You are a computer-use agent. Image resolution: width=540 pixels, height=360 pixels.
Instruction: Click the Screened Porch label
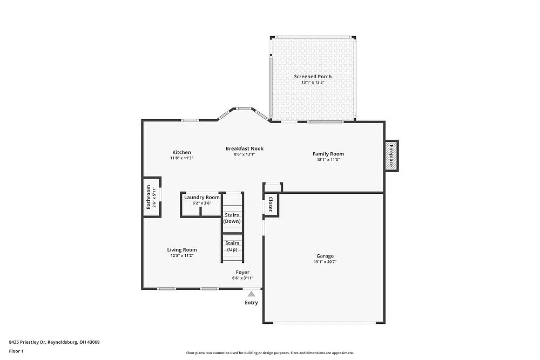pyautogui.click(x=313, y=77)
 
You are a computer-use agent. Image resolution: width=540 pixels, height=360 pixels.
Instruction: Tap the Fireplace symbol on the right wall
pyautogui.click(x=391, y=156)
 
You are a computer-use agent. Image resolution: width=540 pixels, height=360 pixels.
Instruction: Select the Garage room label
pyautogui.click(x=325, y=256)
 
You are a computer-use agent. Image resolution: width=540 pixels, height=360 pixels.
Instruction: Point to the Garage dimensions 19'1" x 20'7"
pyautogui.click(x=325, y=262)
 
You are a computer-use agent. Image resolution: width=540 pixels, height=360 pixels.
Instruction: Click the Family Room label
pyautogui.click(x=328, y=154)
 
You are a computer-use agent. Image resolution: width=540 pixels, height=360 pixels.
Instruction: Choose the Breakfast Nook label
pyautogui.click(x=244, y=148)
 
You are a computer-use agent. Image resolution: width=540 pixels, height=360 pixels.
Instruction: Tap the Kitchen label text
pyautogui.click(x=181, y=152)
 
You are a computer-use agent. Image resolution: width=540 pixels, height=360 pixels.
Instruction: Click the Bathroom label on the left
pyautogui.click(x=148, y=197)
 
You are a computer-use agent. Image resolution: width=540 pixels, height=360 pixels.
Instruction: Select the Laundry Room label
pyautogui.click(x=201, y=198)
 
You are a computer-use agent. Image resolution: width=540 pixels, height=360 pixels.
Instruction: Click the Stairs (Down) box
pyautogui.click(x=232, y=219)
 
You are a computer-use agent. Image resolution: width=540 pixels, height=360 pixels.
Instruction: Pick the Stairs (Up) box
pyautogui.click(x=232, y=247)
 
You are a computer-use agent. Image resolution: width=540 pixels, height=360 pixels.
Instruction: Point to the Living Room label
pyautogui.click(x=181, y=250)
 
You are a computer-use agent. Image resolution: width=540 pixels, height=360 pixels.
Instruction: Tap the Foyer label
pyautogui.click(x=242, y=273)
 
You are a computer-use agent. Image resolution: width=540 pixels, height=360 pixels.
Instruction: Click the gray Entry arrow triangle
pyautogui.click(x=251, y=294)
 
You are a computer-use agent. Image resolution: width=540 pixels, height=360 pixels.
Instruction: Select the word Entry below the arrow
pyautogui.click(x=251, y=303)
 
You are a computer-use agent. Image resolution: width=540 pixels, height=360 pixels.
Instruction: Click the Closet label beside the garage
pyautogui.click(x=271, y=204)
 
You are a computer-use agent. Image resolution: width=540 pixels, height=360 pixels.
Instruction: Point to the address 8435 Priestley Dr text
pyautogui.click(x=54, y=342)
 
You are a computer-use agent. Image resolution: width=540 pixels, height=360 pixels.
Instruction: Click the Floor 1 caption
pyautogui.click(x=16, y=351)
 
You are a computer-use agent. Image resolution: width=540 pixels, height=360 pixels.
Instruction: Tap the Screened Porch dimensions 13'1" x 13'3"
pyautogui.click(x=313, y=83)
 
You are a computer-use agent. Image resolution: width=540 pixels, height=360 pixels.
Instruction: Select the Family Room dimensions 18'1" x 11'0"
pyautogui.click(x=328, y=160)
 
